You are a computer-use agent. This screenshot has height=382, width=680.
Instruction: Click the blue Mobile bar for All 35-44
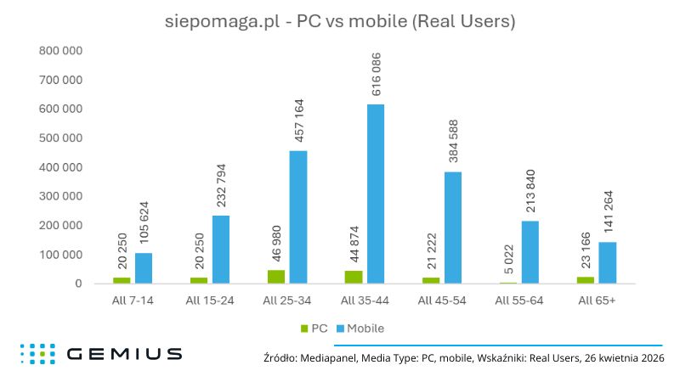[x=376, y=194]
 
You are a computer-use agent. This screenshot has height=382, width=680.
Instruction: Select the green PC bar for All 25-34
[x=275, y=277]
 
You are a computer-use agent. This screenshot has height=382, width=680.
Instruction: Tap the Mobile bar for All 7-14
[x=144, y=268]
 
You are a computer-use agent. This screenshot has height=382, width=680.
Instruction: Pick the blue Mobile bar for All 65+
[x=607, y=262]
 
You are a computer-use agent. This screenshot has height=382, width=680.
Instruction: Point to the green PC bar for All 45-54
[x=430, y=280]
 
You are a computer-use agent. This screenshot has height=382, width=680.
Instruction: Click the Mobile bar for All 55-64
[x=530, y=252]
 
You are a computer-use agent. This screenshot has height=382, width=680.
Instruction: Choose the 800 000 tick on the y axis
[x=60, y=51]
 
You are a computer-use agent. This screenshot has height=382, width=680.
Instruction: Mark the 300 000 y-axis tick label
[x=60, y=196]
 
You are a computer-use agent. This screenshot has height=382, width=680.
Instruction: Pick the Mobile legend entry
[x=362, y=327]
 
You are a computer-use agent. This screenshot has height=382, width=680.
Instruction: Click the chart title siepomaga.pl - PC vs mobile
[x=340, y=22]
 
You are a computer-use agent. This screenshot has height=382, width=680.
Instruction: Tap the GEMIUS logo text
[x=123, y=353]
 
